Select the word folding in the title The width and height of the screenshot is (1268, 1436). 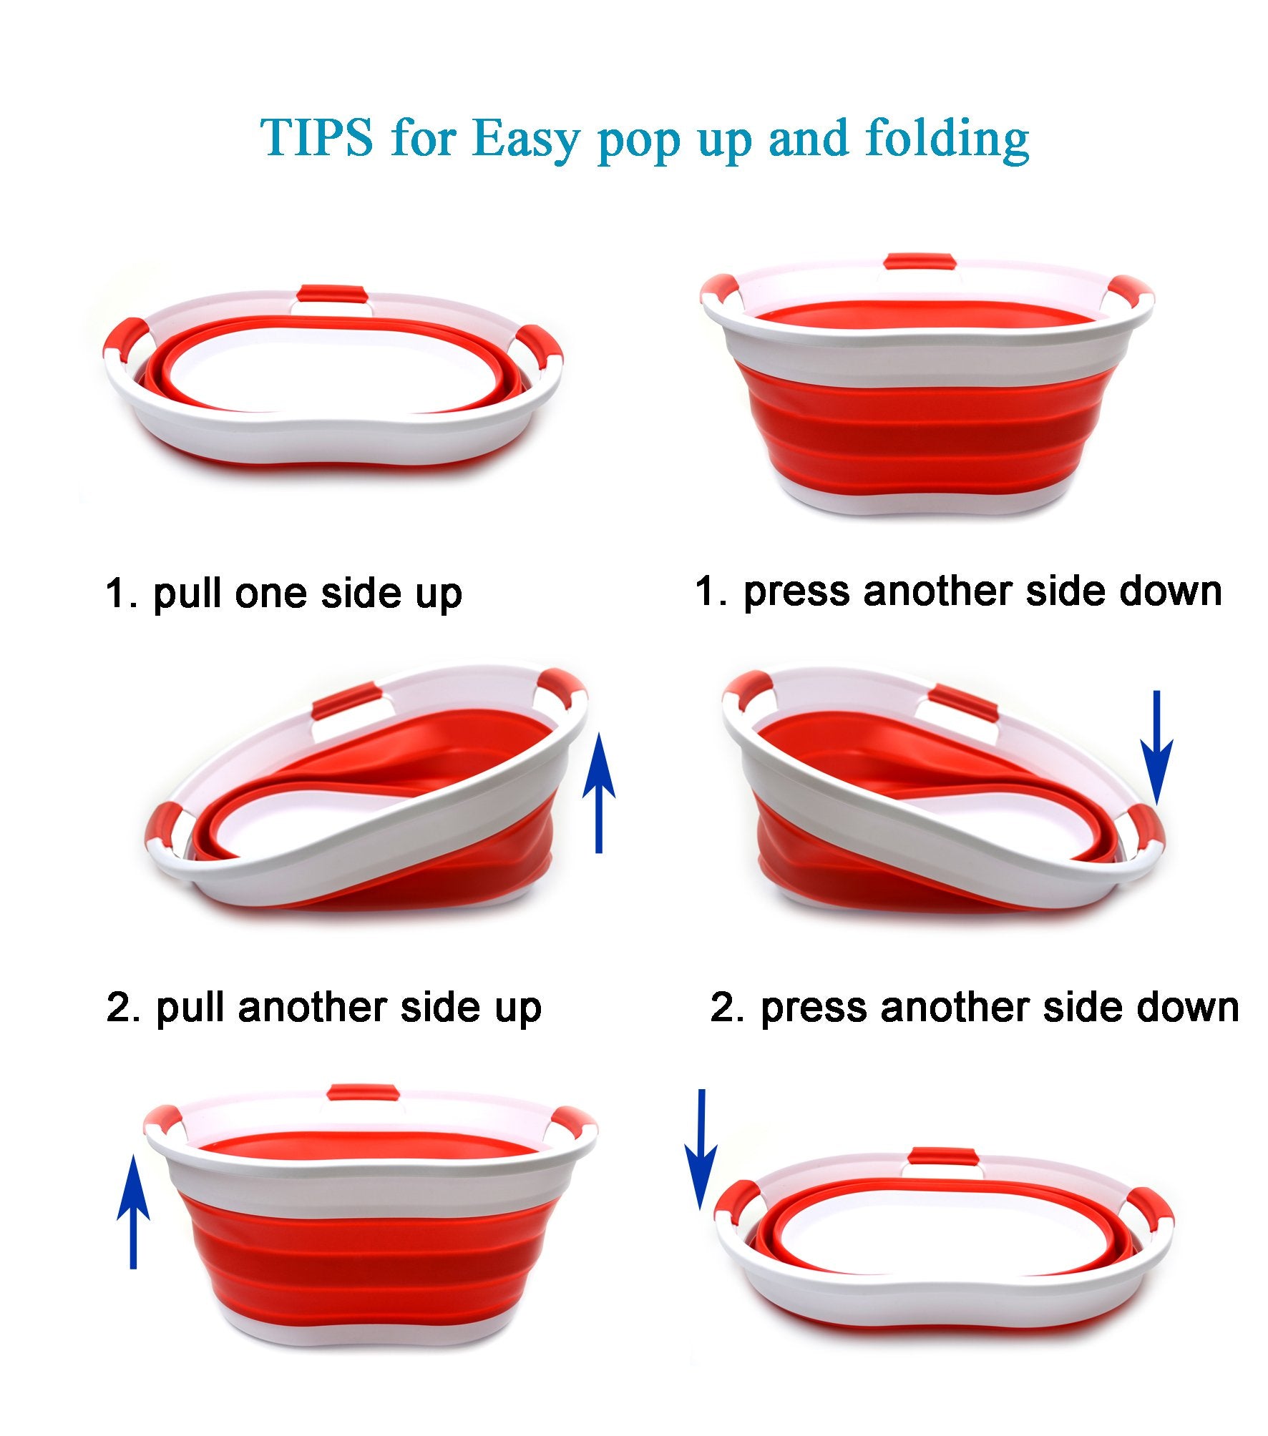947,139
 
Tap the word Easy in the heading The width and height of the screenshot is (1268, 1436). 526,139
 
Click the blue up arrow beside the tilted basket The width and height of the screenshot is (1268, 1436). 598,793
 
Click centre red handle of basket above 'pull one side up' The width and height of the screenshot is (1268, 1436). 332,295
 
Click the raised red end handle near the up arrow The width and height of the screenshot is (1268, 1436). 564,690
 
